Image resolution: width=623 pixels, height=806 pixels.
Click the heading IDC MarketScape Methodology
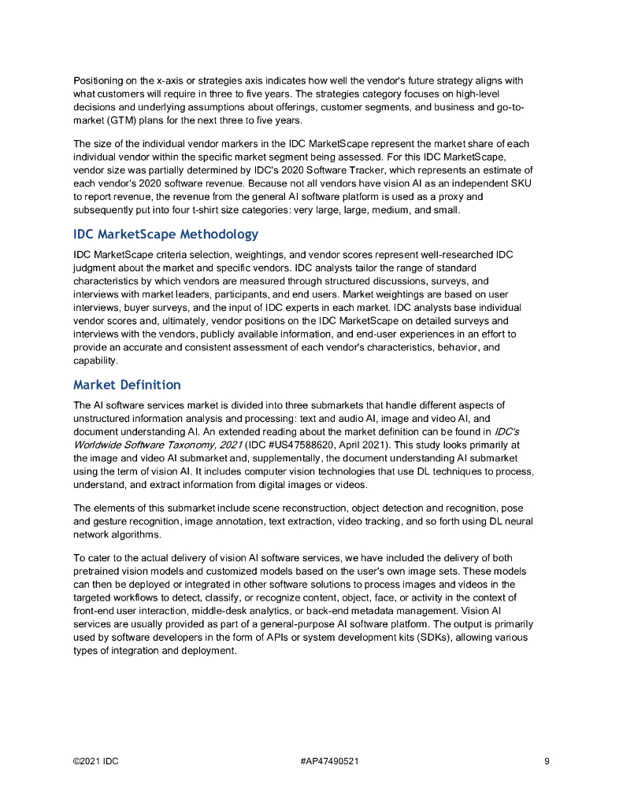[165, 235]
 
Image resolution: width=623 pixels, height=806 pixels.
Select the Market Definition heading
[127, 385]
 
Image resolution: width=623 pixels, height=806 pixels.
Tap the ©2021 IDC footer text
[96, 761]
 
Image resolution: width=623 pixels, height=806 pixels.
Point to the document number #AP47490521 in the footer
[330, 761]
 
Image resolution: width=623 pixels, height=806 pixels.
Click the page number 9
[547, 761]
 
